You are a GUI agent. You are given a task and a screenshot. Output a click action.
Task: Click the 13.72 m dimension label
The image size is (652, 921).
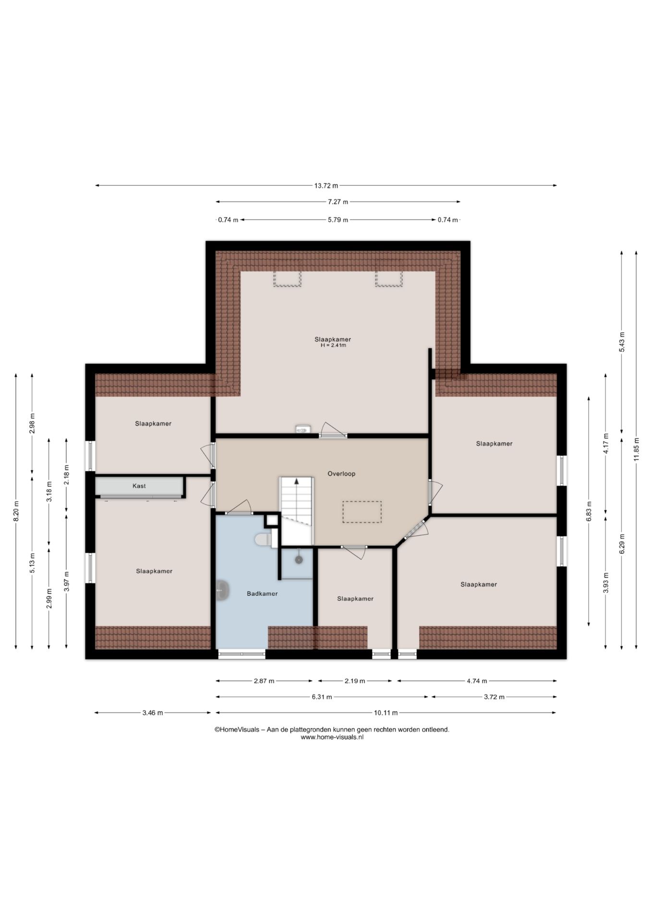click(x=326, y=186)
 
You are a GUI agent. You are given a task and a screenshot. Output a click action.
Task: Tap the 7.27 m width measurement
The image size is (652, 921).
click(x=338, y=202)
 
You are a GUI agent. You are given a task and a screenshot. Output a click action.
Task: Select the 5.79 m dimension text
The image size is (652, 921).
click(x=338, y=220)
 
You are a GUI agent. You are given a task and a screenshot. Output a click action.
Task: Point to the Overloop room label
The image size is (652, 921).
click(x=341, y=473)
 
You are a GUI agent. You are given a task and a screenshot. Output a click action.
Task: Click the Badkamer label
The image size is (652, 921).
click(x=262, y=593)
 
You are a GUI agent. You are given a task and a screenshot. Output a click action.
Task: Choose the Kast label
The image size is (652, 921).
click(x=139, y=486)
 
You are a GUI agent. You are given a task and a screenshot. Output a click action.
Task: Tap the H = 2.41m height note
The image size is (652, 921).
click(x=333, y=345)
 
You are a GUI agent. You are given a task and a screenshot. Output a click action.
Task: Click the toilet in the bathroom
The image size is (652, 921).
click(x=262, y=539)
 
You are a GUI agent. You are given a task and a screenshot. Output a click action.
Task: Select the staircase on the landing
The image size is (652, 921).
click(x=297, y=510)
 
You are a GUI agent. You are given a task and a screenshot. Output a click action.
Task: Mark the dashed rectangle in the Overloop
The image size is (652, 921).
click(x=362, y=512)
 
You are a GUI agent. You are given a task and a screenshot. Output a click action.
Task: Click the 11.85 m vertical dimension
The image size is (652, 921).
click(x=636, y=449)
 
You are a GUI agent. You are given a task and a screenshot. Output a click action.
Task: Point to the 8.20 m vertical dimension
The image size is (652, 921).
click(x=16, y=511)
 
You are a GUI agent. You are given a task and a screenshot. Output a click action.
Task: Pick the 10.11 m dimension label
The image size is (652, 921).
click(x=386, y=713)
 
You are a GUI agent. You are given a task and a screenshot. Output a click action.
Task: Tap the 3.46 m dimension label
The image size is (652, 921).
click(x=153, y=713)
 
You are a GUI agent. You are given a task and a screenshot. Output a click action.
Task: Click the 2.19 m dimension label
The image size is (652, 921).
click(x=355, y=681)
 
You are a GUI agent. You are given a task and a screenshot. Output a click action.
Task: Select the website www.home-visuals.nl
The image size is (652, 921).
click(x=332, y=737)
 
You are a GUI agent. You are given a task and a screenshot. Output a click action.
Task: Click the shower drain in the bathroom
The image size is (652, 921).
click(x=299, y=559)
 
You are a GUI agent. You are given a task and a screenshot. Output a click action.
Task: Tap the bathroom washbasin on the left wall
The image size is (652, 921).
click(x=222, y=590)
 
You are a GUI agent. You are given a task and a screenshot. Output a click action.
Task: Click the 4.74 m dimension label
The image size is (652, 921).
click(x=477, y=681)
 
